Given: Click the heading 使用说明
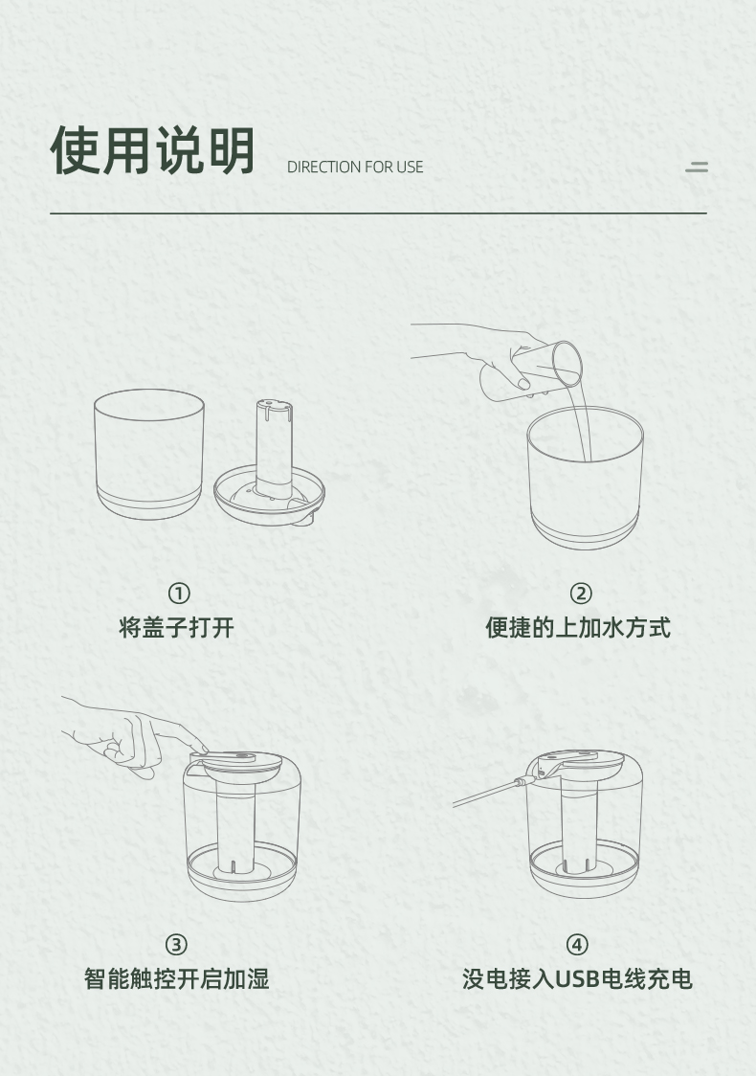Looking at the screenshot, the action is (x=152, y=150).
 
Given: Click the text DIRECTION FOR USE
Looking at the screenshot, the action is (x=355, y=167).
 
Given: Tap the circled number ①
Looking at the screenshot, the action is (x=179, y=593).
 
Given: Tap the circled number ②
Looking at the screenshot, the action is (x=580, y=593).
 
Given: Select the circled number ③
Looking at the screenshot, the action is (x=176, y=945).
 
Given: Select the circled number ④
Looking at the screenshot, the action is (x=577, y=945).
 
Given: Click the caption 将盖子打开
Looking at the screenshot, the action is (x=176, y=627).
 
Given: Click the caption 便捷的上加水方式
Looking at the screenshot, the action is (x=578, y=627).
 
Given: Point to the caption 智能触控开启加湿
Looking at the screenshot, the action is (x=176, y=978).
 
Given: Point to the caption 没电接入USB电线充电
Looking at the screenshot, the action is (x=577, y=978).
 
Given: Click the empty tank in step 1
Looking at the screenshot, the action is (x=149, y=454).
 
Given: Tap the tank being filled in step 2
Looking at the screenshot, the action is (x=585, y=478).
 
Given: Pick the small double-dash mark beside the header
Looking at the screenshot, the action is (x=697, y=167).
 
